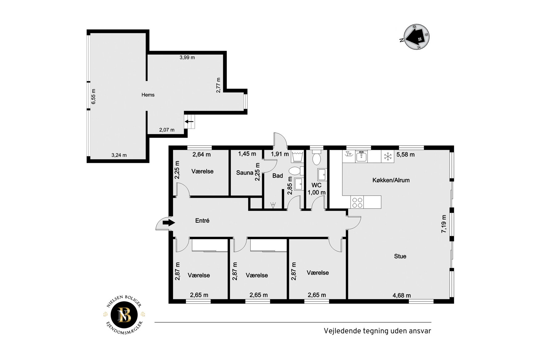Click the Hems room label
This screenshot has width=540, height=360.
pyautogui.click(x=148, y=95)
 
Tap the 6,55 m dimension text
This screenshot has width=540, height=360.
pyautogui.click(x=93, y=96)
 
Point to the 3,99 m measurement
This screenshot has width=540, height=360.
pyautogui.click(x=187, y=57)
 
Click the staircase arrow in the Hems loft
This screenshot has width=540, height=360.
pyautogui.click(x=189, y=122)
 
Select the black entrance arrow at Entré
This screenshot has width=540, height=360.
pyautogui.click(x=169, y=223)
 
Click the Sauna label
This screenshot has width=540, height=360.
pyautogui.click(x=245, y=173)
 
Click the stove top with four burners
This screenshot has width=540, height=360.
pyautogui.click(x=357, y=202)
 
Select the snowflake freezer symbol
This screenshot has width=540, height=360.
pyautogui.click(x=388, y=156)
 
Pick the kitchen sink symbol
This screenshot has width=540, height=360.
pyautogui.click(x=361, y=156)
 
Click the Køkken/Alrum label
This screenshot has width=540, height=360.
pyautogui.click(x=391, y=180)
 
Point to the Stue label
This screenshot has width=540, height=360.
pyautogui.click(x=400, y=256)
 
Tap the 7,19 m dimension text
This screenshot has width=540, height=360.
pyautogui.click(x=444, y=224)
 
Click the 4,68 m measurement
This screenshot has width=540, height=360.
pyautogui.click(x=402, y=295)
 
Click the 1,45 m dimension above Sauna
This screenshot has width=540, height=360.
pyautogui.click(x=247, y=154)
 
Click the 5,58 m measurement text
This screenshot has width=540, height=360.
pyautogui.click(x=406, y=155)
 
